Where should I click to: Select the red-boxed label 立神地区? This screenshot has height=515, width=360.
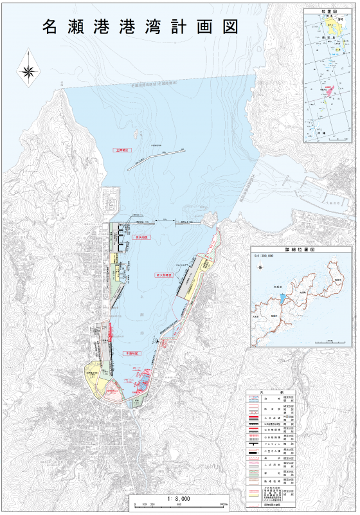(x=120, y=150)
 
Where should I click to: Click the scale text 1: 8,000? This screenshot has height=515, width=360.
(x=178, y=498)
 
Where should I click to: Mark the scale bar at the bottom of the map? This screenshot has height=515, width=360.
(x=178, y=505)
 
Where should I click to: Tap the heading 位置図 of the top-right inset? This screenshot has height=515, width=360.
(x=328, y=12)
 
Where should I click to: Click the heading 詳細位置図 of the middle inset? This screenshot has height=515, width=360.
(x=302, y=247)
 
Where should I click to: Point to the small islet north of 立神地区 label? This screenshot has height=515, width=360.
(x=134, y=134)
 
